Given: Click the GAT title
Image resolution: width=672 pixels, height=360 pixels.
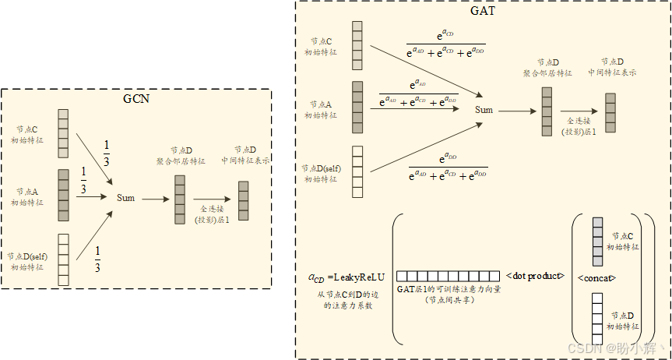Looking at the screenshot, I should pos(483,12).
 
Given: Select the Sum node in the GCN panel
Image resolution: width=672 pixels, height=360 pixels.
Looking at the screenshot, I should pos(125,198).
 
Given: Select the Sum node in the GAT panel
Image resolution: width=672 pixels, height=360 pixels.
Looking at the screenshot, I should pos(484,110).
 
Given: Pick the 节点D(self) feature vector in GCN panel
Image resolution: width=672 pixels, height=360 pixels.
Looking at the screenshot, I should pos(63,259).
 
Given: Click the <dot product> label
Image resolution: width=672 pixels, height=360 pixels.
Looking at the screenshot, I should pos(535,276).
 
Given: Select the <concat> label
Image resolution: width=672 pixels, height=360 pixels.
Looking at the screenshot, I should pos(597,277).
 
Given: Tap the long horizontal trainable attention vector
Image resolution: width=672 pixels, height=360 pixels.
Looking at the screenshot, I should pos(448,276).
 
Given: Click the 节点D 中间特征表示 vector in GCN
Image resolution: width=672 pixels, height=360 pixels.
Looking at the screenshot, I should pos(244,200).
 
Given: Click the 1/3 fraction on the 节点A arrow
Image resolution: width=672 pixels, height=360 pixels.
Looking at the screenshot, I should pos(83,181).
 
